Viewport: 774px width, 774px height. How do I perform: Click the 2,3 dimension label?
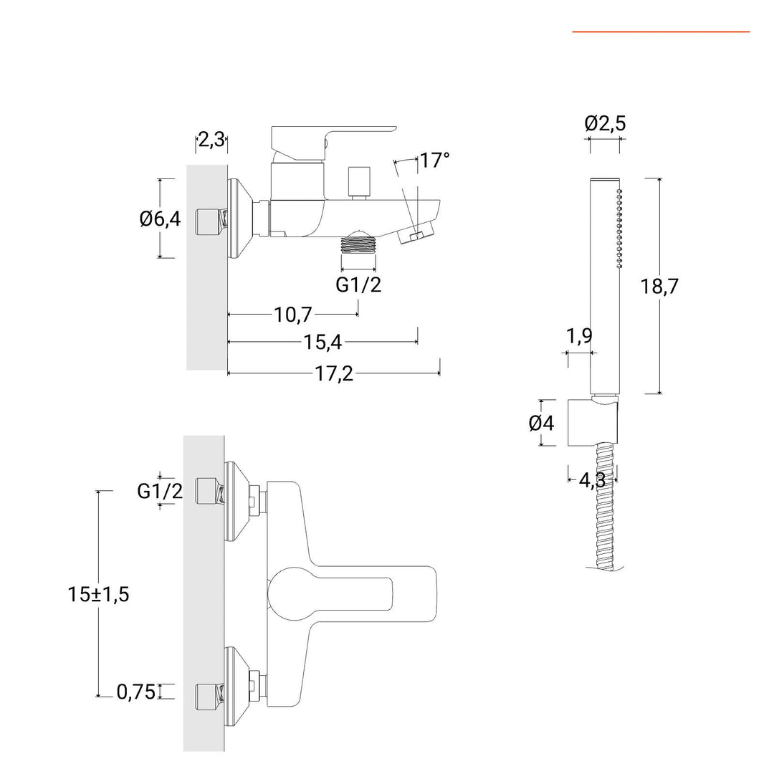(211, 139)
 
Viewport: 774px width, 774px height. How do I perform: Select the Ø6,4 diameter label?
(160, 219)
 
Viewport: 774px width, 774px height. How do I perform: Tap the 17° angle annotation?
(434, 160)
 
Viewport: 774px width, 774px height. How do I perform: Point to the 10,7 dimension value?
(294, 314)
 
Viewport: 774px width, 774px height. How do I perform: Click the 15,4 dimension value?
(322, 343)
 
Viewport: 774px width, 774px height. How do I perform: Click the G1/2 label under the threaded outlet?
(358, 285)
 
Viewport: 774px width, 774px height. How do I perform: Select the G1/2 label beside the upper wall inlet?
(160, 491)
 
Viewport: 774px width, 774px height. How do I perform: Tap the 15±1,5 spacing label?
(99, 594)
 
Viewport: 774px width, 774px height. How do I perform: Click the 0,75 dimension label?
(136, 692)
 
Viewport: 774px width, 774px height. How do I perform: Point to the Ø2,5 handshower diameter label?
(605, 123)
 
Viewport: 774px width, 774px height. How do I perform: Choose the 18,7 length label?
(659, 287)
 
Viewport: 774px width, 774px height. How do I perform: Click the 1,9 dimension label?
(579, 335)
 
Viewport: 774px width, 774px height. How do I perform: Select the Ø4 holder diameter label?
(541, 424)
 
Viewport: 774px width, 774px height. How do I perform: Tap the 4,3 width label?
(591, 480)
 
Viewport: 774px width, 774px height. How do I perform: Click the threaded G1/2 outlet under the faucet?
(358, 245)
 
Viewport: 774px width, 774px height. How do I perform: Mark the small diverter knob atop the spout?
(359, 181)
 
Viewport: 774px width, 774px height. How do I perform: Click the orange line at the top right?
(660, 32)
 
